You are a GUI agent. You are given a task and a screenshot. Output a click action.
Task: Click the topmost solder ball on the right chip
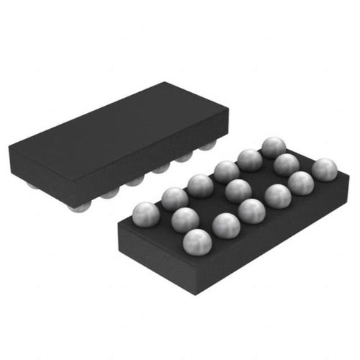273,148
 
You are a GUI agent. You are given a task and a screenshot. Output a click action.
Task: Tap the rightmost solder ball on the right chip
325,170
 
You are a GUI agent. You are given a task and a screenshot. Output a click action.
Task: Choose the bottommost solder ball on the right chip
198,242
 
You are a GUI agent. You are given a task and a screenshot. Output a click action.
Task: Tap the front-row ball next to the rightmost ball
300,183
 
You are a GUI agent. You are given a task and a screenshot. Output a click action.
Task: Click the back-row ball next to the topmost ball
249,160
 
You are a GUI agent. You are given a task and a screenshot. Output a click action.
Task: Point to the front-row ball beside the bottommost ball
225,225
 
